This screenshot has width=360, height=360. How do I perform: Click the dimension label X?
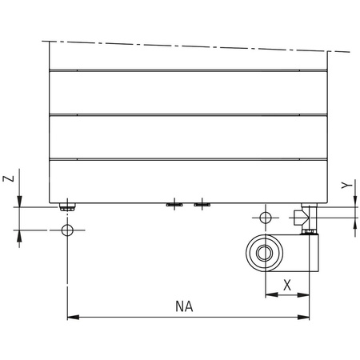point(287,284)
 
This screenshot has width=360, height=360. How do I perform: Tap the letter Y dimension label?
point(345,186)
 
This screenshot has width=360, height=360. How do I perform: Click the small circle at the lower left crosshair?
point(68,231)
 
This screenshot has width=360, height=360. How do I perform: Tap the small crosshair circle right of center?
point(266,217)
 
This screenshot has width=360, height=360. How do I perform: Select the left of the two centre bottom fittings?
point(174,205)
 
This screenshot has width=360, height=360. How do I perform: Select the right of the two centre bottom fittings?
point(202,205)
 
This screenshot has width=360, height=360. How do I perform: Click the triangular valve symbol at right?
point(300,217)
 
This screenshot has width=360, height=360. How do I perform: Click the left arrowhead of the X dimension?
point(270,294)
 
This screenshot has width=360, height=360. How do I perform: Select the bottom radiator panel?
point(188,181)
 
